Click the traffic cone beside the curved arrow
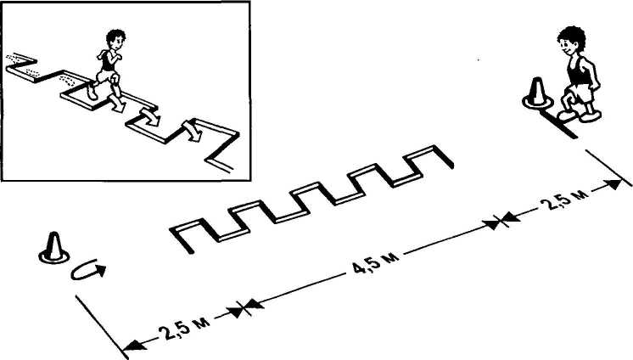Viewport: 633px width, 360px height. click(x=53, y=249)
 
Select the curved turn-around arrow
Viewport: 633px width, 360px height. click(x=88, y=269)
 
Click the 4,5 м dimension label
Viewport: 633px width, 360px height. click(x=376, y=263)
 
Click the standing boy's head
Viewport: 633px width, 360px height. click(x=572, y=41)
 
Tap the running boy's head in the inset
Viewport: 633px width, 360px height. click(x=115, y=41)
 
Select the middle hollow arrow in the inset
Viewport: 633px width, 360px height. click(x=150, y=117)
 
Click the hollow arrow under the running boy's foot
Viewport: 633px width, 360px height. click(x=117, y=104)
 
